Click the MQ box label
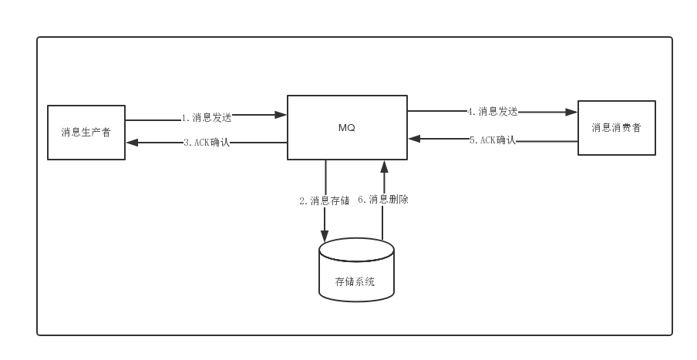point(347,127)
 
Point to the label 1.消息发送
point(207,118)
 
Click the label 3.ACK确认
point(207,143)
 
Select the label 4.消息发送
point(492,111)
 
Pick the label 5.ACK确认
point(492,140)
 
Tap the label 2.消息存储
point(324,200)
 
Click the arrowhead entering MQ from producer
point(281,115)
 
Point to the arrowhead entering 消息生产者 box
point(131,143)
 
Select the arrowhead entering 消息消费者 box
point(572,112)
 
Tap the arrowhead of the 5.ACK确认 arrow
point(413,139)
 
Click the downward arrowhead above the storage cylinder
point(325,237)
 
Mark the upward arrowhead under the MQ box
point(383,166)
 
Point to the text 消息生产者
point(86,132)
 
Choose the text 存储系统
point(355,282)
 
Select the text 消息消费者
point(617,127)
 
